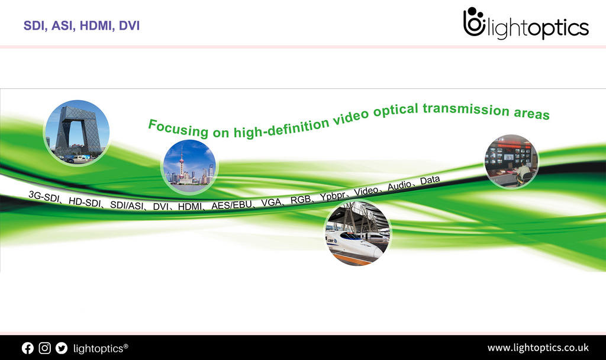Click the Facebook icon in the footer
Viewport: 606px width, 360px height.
coord(27,348)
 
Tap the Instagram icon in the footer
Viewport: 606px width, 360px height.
coord(44,348)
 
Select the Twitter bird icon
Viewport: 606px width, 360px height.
coord(62,348)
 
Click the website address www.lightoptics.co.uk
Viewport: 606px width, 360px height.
coord(538,348)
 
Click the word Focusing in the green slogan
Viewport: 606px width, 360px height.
coord(178,128)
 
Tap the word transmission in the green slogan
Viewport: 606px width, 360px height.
coord(466,109)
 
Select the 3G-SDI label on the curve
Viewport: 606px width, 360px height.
coord(44,197)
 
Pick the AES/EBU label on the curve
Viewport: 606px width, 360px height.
coord(231,205)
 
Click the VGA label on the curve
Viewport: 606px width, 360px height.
coord(271,202)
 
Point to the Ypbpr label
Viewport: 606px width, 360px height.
coord(333,195)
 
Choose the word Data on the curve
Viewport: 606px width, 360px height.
coord(430,181)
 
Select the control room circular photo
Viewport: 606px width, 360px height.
coord(511,161)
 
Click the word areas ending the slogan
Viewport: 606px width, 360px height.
coord(531,113)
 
